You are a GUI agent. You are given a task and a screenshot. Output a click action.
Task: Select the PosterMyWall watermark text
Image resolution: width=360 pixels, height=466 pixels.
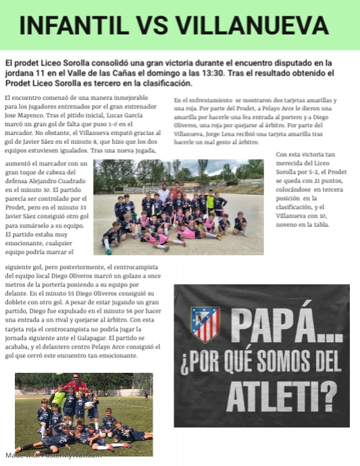53,455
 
